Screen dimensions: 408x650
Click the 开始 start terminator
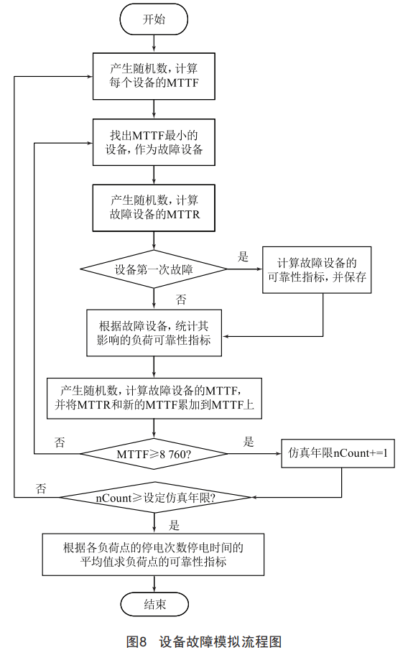(x=154, y=19)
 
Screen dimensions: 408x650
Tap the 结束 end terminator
(x=154, y=604)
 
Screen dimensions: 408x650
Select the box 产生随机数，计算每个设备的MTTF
(x=154, y=76)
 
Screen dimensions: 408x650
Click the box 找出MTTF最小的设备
(x=154, y=142)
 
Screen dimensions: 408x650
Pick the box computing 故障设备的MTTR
(x=154, y=208)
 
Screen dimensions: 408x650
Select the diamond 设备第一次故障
(x=154, y=269)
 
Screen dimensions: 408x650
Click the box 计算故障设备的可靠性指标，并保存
(x=317, y=270)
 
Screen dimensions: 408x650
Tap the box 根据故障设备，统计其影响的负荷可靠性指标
(x=154, y=333)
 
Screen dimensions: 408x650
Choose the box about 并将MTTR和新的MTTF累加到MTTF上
(x=154, y=398)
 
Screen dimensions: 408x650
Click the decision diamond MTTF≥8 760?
(x=154, y=454)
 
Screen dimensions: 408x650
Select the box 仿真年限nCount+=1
(x=338, y=453)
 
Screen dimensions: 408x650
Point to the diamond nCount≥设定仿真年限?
(x=155, y=498)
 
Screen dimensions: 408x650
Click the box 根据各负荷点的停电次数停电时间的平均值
(x=153, y=554)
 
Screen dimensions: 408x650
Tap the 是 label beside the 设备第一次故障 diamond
(x=243, y=256)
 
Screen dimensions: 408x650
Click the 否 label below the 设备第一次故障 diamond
(x=181, y=300)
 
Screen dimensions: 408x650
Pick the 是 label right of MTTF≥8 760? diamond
(x=249, y=442)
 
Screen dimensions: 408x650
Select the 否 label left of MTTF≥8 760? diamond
(x=60, y=442)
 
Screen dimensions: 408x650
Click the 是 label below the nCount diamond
(x=174, y=526)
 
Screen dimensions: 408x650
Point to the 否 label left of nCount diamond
(x=41, y=488)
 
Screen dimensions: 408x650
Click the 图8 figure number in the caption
(x=136, y=641)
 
